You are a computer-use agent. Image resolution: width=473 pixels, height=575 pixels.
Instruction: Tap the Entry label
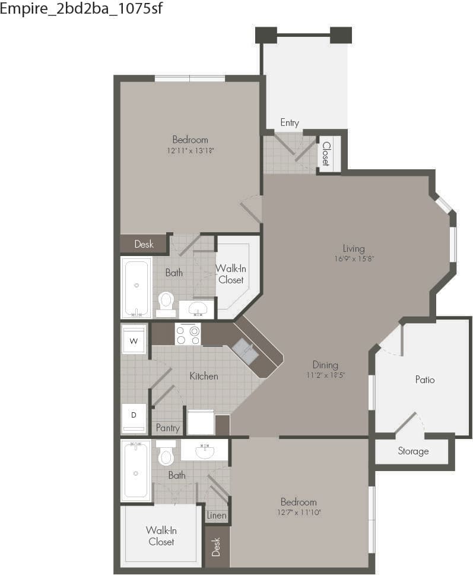click(290, 123)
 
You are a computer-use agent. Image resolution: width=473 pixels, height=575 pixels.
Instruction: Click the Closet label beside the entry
click(326, 153)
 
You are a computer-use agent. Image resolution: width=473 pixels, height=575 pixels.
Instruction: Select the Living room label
click(354, 248)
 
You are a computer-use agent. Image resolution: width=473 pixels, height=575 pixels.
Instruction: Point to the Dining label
click(325, 365)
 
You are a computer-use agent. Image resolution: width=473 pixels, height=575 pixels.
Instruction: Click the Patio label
click(425, 379)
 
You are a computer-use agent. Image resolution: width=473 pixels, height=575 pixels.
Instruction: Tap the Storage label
click(413, 451)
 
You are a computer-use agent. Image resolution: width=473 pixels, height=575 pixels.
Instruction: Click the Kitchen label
click(204, 376)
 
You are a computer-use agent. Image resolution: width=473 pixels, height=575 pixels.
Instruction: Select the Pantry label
click(167, 428)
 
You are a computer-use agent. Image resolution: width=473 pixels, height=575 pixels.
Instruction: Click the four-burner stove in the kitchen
click(188, 334)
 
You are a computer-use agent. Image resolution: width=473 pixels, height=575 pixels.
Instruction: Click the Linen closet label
click(217, 515)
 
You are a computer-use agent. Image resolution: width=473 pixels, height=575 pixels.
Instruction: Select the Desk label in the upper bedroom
click(144, 244)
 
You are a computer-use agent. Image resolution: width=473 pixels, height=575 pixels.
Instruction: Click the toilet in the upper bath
click(166, 299)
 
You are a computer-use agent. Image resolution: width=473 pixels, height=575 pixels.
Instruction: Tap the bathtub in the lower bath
click(136, 472)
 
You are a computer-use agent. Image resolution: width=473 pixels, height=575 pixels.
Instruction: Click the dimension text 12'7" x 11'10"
click(299, 512)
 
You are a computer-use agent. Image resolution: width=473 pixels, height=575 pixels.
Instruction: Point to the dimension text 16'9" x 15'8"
click(354, 258)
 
